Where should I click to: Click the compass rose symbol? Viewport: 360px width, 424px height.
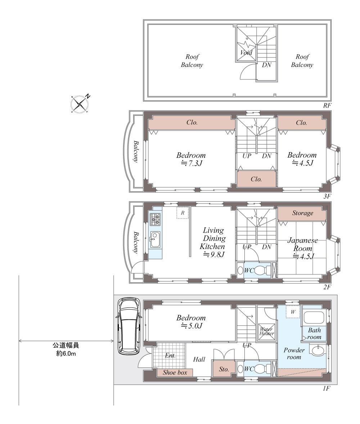pos(79,104)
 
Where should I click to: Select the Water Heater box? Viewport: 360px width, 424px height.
pos(266,332)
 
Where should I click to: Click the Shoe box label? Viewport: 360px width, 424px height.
pos(175,373)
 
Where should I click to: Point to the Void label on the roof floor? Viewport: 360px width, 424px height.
pos(246,53)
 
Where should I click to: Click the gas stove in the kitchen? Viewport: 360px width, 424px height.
pos(155,219)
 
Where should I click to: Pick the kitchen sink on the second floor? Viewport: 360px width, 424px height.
pos(155,239)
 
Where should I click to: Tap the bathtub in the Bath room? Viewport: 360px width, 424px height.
pos(314,317)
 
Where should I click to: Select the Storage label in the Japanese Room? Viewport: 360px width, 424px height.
pos(303,213)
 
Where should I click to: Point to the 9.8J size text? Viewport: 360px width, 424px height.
pos(214,255)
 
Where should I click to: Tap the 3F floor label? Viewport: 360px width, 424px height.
pos(327,196)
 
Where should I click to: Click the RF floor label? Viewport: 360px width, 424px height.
pos(327,105)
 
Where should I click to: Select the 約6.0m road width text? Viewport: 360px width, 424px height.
pos(66,353)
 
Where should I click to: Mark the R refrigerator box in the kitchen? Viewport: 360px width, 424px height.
pos(183,213)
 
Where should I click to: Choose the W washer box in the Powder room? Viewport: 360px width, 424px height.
pos(293,312)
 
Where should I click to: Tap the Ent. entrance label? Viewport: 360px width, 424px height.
pos(170,355)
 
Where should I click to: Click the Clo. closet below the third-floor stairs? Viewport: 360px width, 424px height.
pos(256,179)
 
